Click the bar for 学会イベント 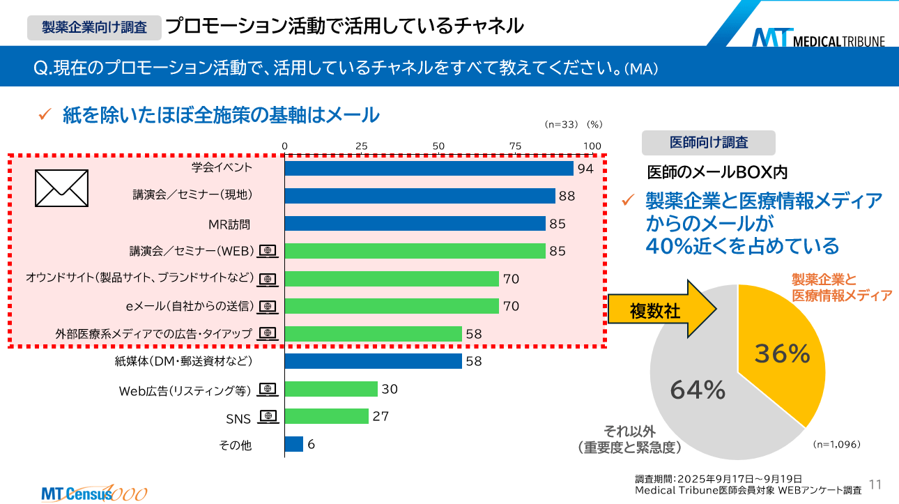click(429, 168)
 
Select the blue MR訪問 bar click(415, 223)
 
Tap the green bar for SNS click(326, 416)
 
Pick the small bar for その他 click(294, 444)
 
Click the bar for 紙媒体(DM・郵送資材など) click(374, 361)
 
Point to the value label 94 click(585, 169)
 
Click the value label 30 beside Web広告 click(390, 389)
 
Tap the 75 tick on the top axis click(515, 145)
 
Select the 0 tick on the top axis click(284, 145)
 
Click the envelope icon click(61, 188)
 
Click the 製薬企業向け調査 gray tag click(94, 27)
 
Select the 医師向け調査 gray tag click(708, 142)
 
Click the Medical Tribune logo click(818, 37)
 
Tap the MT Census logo click(93, 492)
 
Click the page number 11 click(876, 484)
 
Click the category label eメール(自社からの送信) click(190, 306)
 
